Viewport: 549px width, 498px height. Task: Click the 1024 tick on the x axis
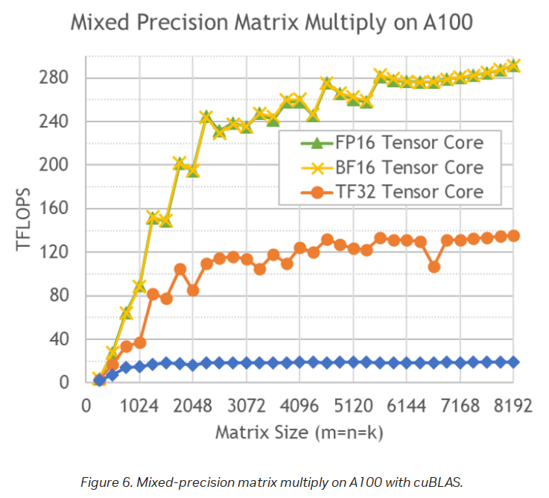tap(139, 406)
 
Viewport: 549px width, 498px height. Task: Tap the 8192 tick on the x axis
tap(512, 406)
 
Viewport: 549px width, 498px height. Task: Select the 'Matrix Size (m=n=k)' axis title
tap(299, 432)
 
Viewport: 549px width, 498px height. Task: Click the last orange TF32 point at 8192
tap(513, 236)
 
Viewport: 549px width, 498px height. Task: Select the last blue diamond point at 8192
tap(513, 362)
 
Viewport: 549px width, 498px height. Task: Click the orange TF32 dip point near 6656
tap(434, 266)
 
